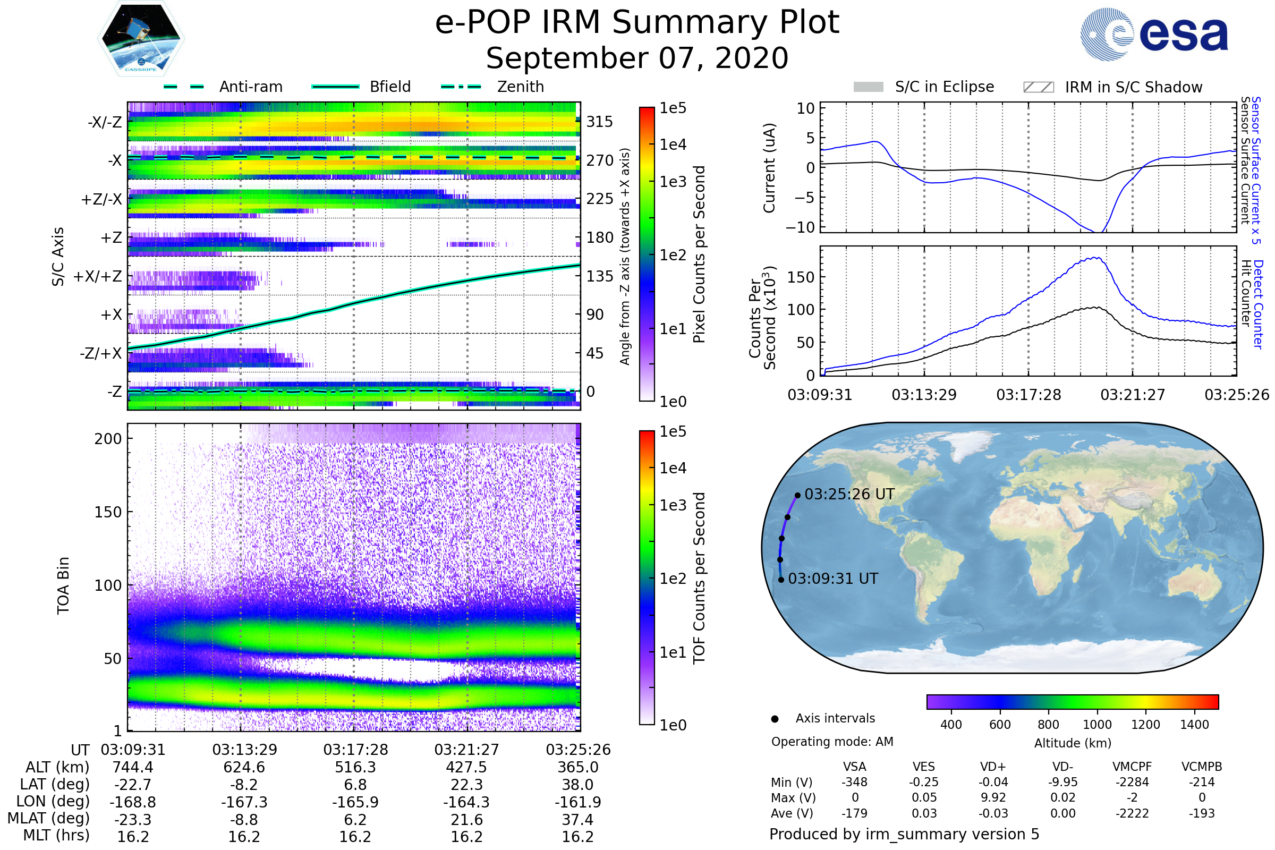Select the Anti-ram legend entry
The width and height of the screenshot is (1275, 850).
point(250,87)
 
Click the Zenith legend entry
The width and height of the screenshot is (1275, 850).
point(520,87)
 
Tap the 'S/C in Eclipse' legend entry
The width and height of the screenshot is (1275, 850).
point(944,87)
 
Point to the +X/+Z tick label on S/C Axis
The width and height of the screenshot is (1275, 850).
point(98,276)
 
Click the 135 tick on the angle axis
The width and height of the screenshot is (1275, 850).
point(600,276)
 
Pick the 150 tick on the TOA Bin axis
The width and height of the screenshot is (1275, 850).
point(108,512)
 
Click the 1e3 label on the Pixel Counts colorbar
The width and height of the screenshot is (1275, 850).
point(673,182)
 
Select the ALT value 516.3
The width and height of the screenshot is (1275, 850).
point(355,768)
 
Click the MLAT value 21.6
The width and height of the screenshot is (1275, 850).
point(467,820)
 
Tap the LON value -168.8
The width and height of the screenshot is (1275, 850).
point(133,802)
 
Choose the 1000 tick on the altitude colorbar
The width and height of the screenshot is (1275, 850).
point(1096,725)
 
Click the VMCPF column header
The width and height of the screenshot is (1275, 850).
point(1132,767)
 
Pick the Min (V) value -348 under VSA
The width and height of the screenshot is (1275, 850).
point(854,782)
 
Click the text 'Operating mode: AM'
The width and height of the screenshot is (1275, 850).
point(832,742)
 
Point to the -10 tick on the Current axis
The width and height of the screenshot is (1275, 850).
point(800,227)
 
